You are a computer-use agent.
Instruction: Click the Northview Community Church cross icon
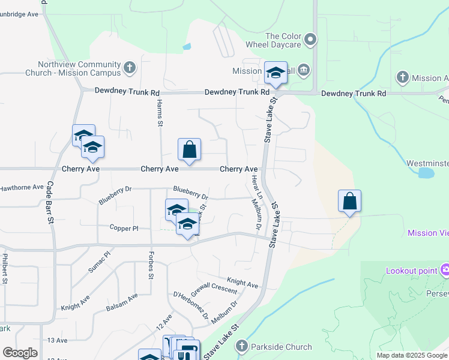(130, 68)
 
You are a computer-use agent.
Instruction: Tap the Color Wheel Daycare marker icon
(310, 40)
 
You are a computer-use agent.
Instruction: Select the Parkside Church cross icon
(241, 346)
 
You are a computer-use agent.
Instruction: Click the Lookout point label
(411, 271)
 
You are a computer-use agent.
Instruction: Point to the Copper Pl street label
(124, 228)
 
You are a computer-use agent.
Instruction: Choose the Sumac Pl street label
(100, 262)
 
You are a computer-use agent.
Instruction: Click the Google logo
(20, 353)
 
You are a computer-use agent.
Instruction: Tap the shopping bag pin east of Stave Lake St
(349, 201)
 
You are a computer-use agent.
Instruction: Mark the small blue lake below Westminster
(426, 173)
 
